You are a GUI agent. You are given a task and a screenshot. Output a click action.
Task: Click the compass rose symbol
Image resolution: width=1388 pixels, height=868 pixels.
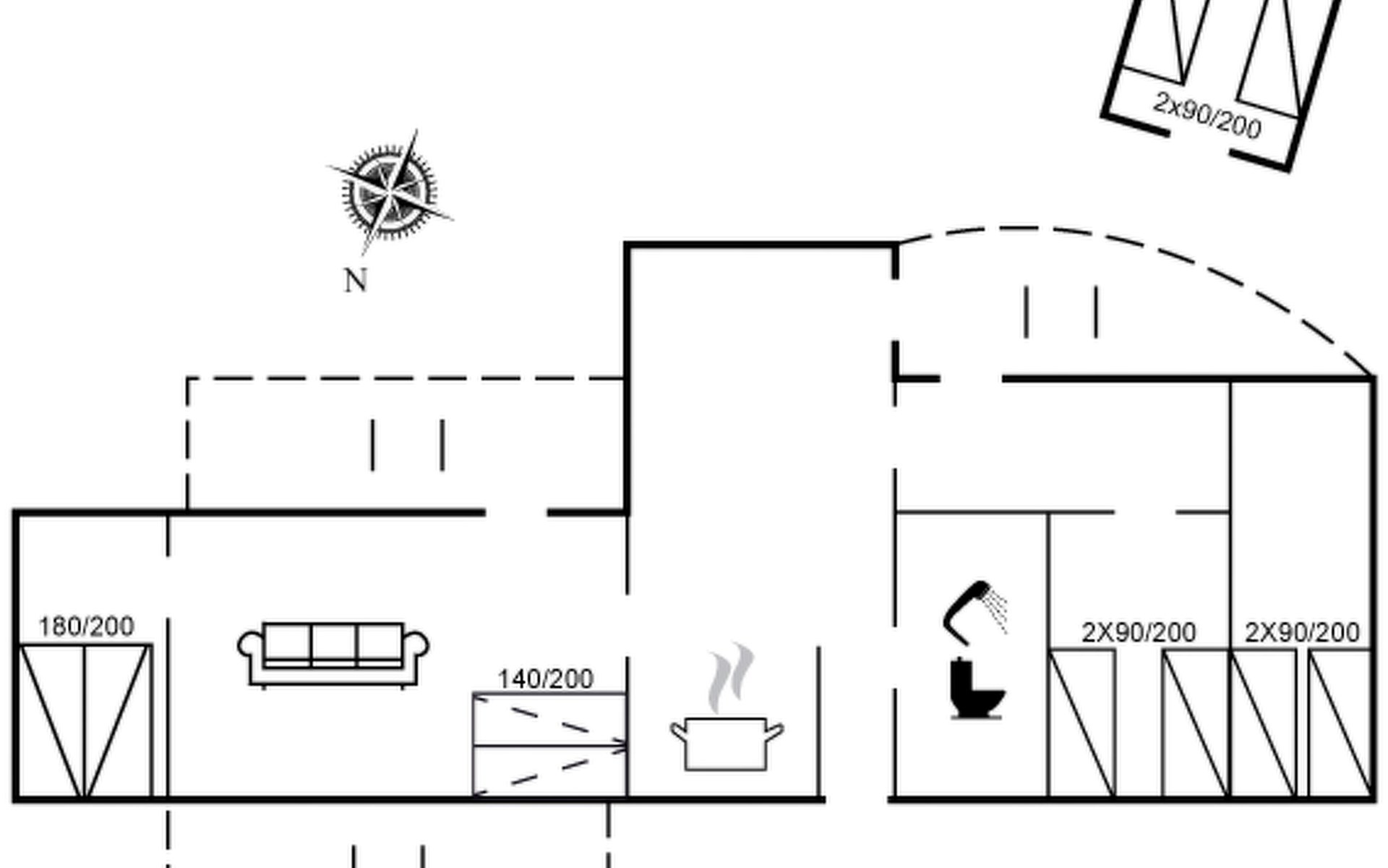coord(390,192)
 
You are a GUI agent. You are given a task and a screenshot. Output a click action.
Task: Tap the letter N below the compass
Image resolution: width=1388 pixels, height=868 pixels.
coord(356,281)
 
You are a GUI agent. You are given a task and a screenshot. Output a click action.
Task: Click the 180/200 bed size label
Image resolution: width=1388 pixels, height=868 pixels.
coord(86,626)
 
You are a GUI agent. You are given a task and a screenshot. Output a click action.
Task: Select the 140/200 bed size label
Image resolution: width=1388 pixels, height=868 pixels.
coord(546,679)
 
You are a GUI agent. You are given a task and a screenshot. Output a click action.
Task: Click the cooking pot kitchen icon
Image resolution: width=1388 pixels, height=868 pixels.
coord(727,744)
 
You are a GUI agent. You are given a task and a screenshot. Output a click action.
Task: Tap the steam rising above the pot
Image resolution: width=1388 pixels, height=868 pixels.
coord(731,677)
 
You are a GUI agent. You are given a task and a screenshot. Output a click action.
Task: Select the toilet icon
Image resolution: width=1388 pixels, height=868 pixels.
coord(977,689)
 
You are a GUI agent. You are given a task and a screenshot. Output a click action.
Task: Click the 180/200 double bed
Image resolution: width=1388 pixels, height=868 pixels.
coord(85,721)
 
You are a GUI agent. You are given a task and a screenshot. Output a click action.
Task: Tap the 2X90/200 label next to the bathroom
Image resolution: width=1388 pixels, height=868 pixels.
coord(1139,633)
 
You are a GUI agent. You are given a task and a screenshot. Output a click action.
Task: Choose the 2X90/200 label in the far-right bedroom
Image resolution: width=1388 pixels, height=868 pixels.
coord(1302,633)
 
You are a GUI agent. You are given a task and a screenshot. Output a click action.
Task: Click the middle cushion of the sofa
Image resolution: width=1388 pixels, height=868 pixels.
coord(333,642)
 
